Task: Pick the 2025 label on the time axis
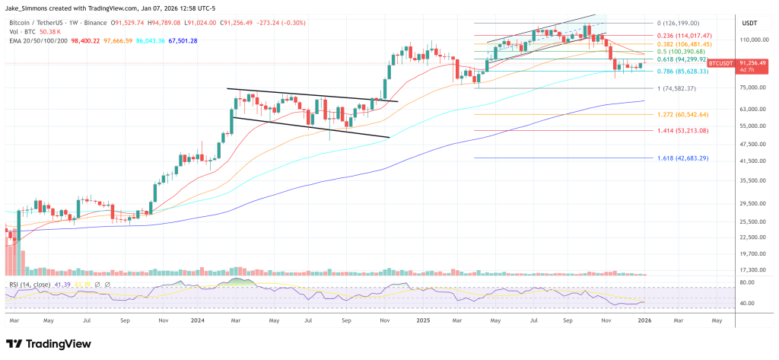pyautogui.click(x=423, y=321)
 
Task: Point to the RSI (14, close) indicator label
pyautogui.click(x=30, y=285)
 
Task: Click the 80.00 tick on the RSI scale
pyautogui.click(x=747, y=282)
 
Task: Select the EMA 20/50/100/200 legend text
pyautogui.click(x=39, y=40)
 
